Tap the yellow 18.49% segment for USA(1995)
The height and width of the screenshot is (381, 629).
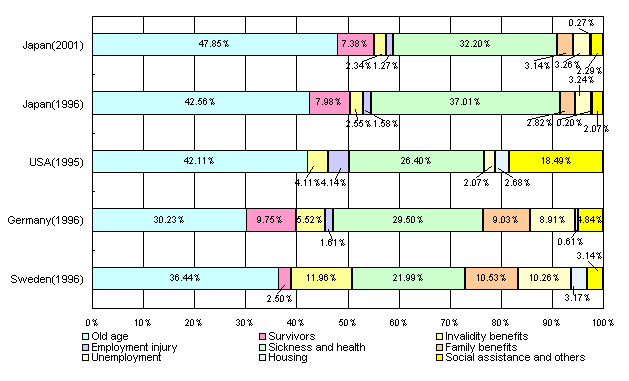(555, 161)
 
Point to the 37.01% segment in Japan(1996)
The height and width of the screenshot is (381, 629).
(465, 103)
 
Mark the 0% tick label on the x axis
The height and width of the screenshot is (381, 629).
(93, 321)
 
